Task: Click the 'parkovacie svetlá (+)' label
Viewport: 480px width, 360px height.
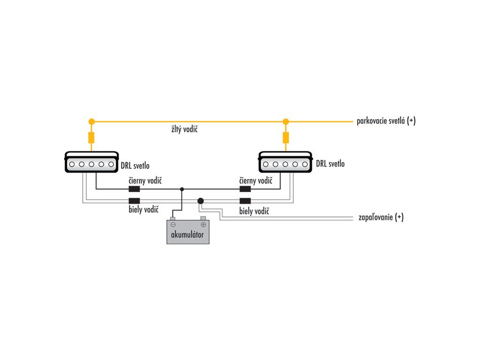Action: (386, 121)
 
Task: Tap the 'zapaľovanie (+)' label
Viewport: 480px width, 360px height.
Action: (381, 217)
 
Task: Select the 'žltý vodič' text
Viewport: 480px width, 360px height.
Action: (184, 129)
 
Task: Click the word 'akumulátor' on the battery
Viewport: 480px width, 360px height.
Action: (187, 234)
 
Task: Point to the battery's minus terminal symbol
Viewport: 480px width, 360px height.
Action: (173, 225)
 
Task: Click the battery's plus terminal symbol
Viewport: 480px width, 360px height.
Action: (203, 225)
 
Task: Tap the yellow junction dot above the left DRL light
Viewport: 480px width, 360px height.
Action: (91, 121)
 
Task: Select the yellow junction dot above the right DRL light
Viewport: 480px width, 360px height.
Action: (285, 121)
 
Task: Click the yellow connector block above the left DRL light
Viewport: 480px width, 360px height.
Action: (91, 138)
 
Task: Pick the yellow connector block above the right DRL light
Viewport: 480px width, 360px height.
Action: (285, 138)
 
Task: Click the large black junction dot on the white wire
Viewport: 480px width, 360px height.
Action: (201, 201)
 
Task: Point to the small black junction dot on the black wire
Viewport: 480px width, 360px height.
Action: (182, 189)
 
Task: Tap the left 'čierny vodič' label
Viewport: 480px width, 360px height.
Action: (145, 180)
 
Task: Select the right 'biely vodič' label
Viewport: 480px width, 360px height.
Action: (254, 211)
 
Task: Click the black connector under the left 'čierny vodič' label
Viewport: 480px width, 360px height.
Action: (134, 189)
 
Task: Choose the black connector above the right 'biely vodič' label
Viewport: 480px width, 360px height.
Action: (245, 201)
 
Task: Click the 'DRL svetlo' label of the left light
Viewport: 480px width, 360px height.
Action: (135, 165)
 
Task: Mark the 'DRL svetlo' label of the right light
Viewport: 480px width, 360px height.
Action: (330, 164)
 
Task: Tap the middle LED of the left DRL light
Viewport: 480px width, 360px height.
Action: (91, 165)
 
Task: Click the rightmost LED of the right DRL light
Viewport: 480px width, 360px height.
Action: (305, 165)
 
